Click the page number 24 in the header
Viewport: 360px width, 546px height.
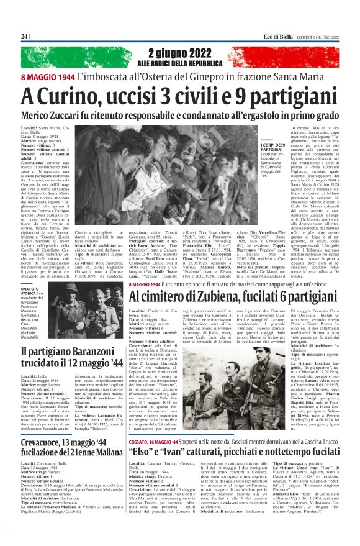click(x=24, y=37)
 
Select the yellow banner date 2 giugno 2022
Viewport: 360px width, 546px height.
click(x=179, y=53)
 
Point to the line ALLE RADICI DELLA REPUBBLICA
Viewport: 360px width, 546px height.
click(x=179, y=64)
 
